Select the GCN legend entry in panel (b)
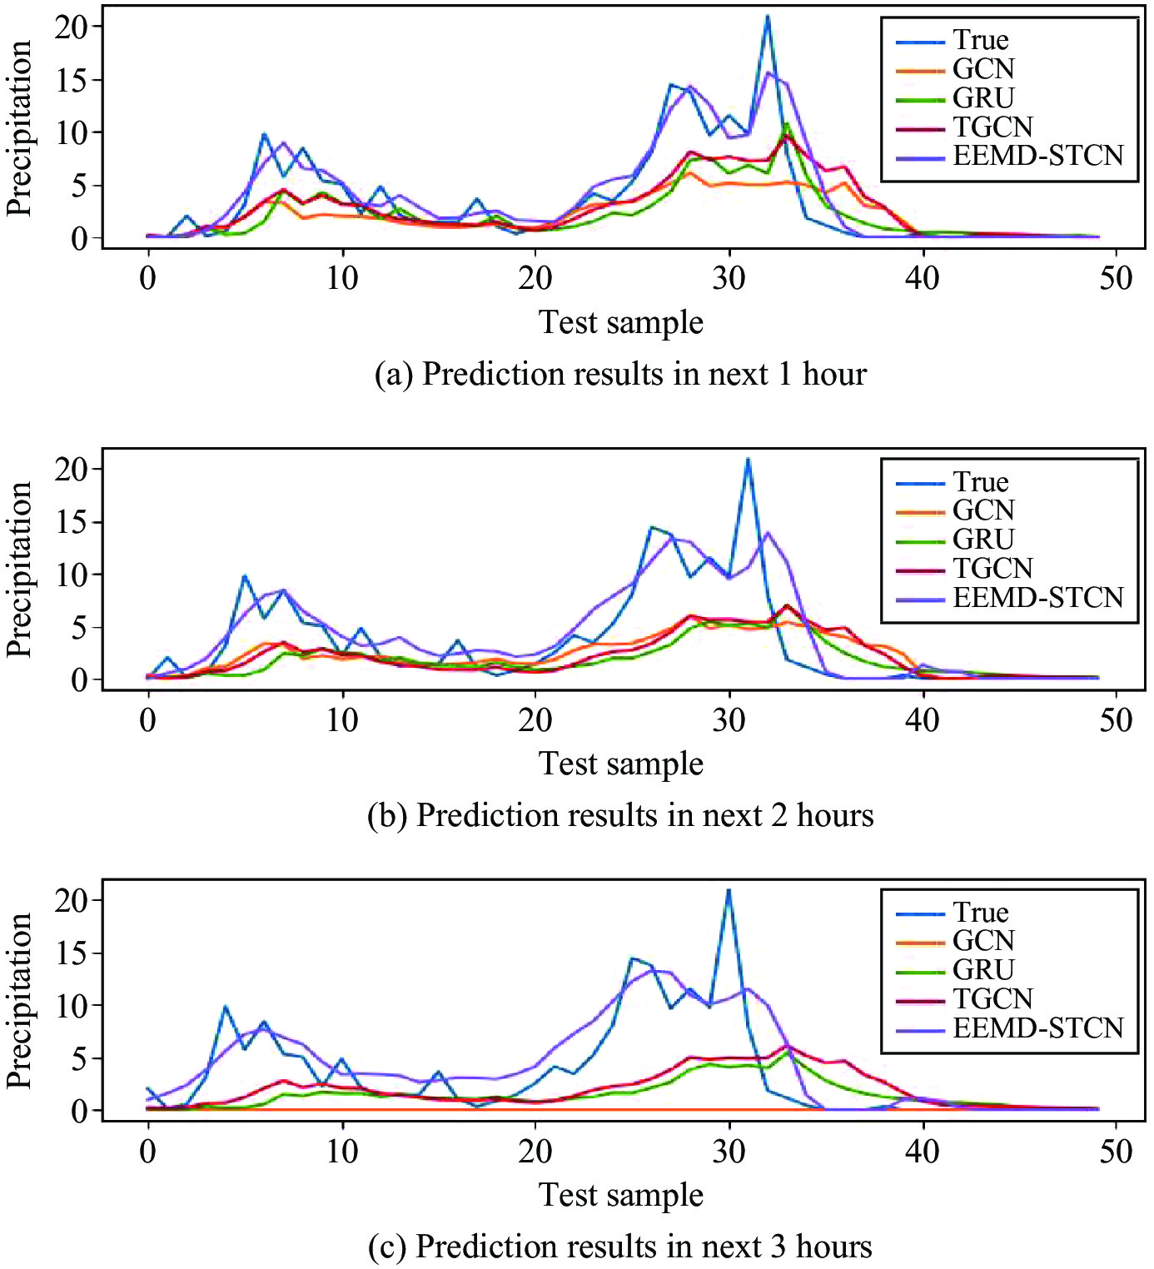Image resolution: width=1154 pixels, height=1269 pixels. (983, 510)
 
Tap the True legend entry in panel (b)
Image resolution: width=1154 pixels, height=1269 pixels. (981, 482)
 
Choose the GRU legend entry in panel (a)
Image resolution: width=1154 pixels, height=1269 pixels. (983, 98)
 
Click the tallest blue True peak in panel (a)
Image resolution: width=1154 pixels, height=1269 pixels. (768, 17)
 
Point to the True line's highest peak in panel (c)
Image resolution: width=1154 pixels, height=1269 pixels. (729, 890)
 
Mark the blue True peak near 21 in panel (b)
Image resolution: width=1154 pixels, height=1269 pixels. (749, 459)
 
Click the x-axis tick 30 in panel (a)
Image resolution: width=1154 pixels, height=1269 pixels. (729, 277)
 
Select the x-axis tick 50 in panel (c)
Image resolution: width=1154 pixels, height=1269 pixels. (1116, 1151)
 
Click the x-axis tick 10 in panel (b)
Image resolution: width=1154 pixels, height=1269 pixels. (341, 719)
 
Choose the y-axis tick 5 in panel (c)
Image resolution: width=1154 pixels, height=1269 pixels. (79, 1058)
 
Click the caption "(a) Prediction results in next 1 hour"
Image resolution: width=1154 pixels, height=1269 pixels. (620, 374)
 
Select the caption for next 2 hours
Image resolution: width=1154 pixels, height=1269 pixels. (620, 815)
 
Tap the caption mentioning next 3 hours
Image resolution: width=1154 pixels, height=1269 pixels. (620, 1247)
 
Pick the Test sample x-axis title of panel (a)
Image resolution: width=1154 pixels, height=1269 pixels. (621, 322)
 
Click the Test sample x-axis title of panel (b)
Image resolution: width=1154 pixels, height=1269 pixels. (621, 764)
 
